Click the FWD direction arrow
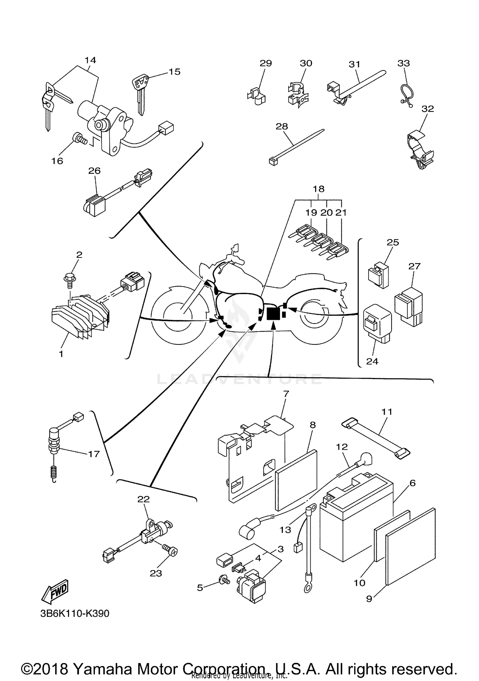55,591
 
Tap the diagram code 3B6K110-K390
75,613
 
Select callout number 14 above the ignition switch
90,60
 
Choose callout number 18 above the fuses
318,189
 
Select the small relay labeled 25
378,274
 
